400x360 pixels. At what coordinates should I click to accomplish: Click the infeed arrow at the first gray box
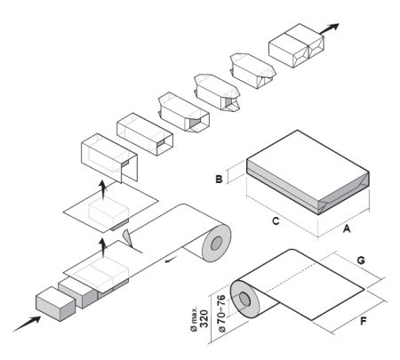point(25,323)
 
